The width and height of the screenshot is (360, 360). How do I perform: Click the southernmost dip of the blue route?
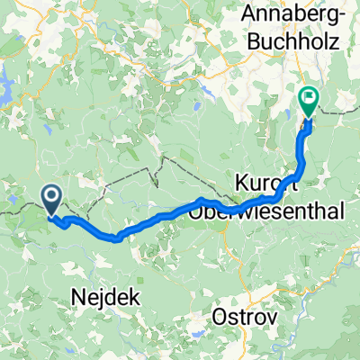[115, 238]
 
